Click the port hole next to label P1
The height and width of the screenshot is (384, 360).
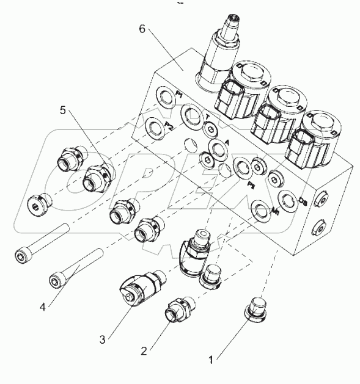[164, 95]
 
